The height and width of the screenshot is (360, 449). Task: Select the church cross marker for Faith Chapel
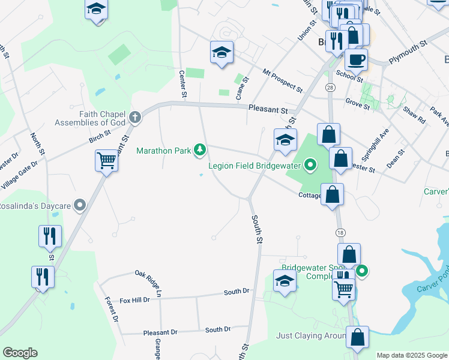tap(135, 117)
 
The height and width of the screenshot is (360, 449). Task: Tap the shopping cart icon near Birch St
tap(106, 160)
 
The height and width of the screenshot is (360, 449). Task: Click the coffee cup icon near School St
tap(356, 60)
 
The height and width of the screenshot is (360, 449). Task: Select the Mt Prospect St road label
tap(283, 80)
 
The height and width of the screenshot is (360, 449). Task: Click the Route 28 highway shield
tap(330, 88)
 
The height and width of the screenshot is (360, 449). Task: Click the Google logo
tap(20, 353)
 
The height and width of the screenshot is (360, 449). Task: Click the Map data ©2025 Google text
tap(412, 355)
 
